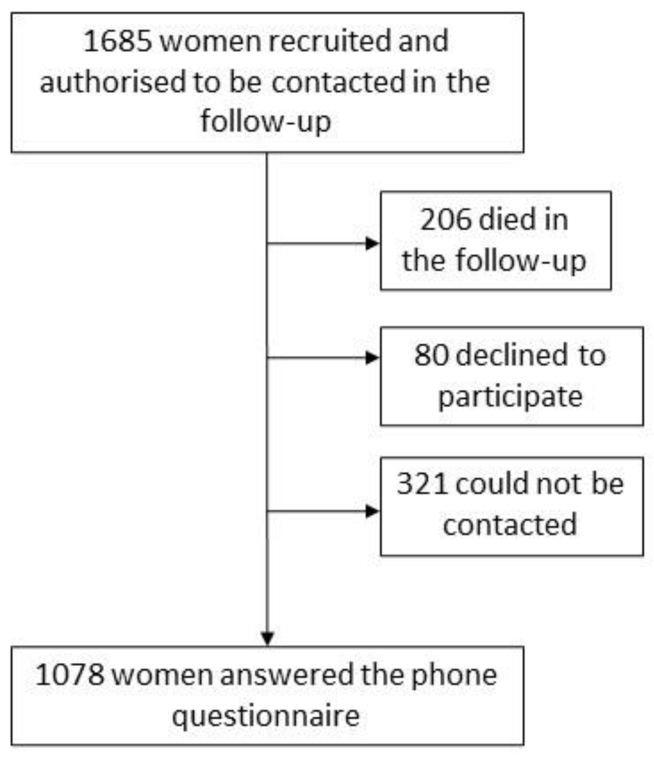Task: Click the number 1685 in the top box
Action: point(117,41)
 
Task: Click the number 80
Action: point(431,355)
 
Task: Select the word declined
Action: point(513,355)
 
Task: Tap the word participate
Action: point(510,396)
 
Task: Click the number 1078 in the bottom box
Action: point(70,675)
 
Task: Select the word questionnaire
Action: point(266,716)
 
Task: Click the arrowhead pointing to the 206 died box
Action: point(372,244)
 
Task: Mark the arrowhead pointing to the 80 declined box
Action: point(372,358)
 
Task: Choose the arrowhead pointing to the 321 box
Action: point(372,511)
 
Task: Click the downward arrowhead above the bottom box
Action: point(268,638)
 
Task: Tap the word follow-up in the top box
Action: point(266,122)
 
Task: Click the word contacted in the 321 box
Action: point(510,525)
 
